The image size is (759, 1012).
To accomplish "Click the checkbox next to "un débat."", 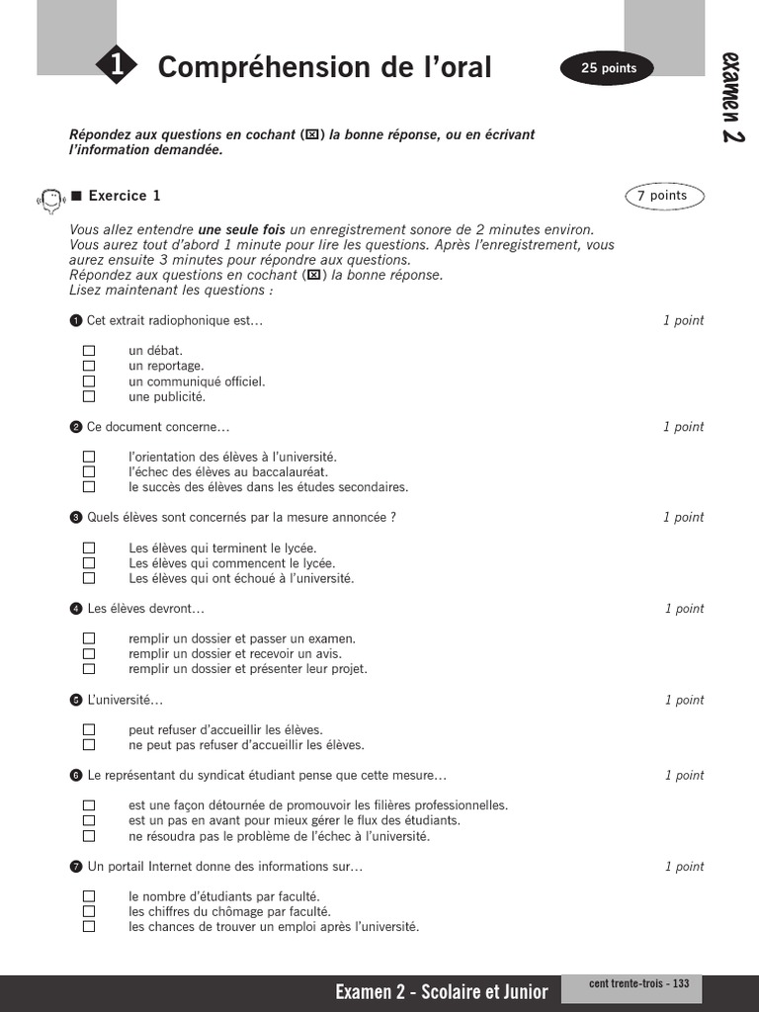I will point(89,351).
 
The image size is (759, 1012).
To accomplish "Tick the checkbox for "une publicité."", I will point(89,396).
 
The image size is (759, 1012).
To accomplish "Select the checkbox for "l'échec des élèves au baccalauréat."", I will point(89,471).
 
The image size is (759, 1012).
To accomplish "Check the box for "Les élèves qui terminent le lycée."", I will point(89,548).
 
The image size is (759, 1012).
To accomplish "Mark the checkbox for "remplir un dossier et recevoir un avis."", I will point(89,654).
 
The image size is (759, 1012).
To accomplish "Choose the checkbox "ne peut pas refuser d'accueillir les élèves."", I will point(89,745).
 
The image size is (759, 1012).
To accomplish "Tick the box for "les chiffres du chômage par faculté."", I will point(89,911).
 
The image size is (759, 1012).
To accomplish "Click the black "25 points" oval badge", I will point(608,68).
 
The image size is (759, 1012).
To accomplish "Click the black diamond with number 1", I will point(117,66).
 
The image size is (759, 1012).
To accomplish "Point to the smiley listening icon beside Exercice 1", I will point(49,198).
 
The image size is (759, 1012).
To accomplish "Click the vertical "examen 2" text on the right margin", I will point(732,97).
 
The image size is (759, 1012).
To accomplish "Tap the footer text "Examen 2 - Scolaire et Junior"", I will point(443,992).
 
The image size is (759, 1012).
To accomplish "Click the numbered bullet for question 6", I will point(76,776).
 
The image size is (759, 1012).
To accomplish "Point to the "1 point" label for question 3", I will point(683,517).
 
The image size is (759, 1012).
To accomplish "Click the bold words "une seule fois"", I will point(241,229).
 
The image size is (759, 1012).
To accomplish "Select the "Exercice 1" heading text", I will point(124,196).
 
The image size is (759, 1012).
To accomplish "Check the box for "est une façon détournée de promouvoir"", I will point(89,805).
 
